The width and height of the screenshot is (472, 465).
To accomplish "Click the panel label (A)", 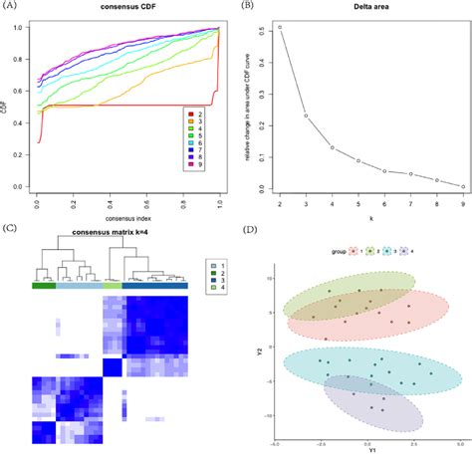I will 11,6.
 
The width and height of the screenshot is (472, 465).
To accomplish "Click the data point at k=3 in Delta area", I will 306,116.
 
